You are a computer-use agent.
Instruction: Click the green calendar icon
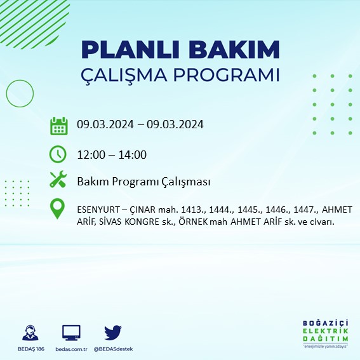58,125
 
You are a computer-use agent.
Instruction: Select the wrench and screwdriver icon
58,181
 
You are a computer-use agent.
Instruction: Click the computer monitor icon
71,333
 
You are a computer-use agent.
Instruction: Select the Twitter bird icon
113,332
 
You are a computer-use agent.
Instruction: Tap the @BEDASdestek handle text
113,349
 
